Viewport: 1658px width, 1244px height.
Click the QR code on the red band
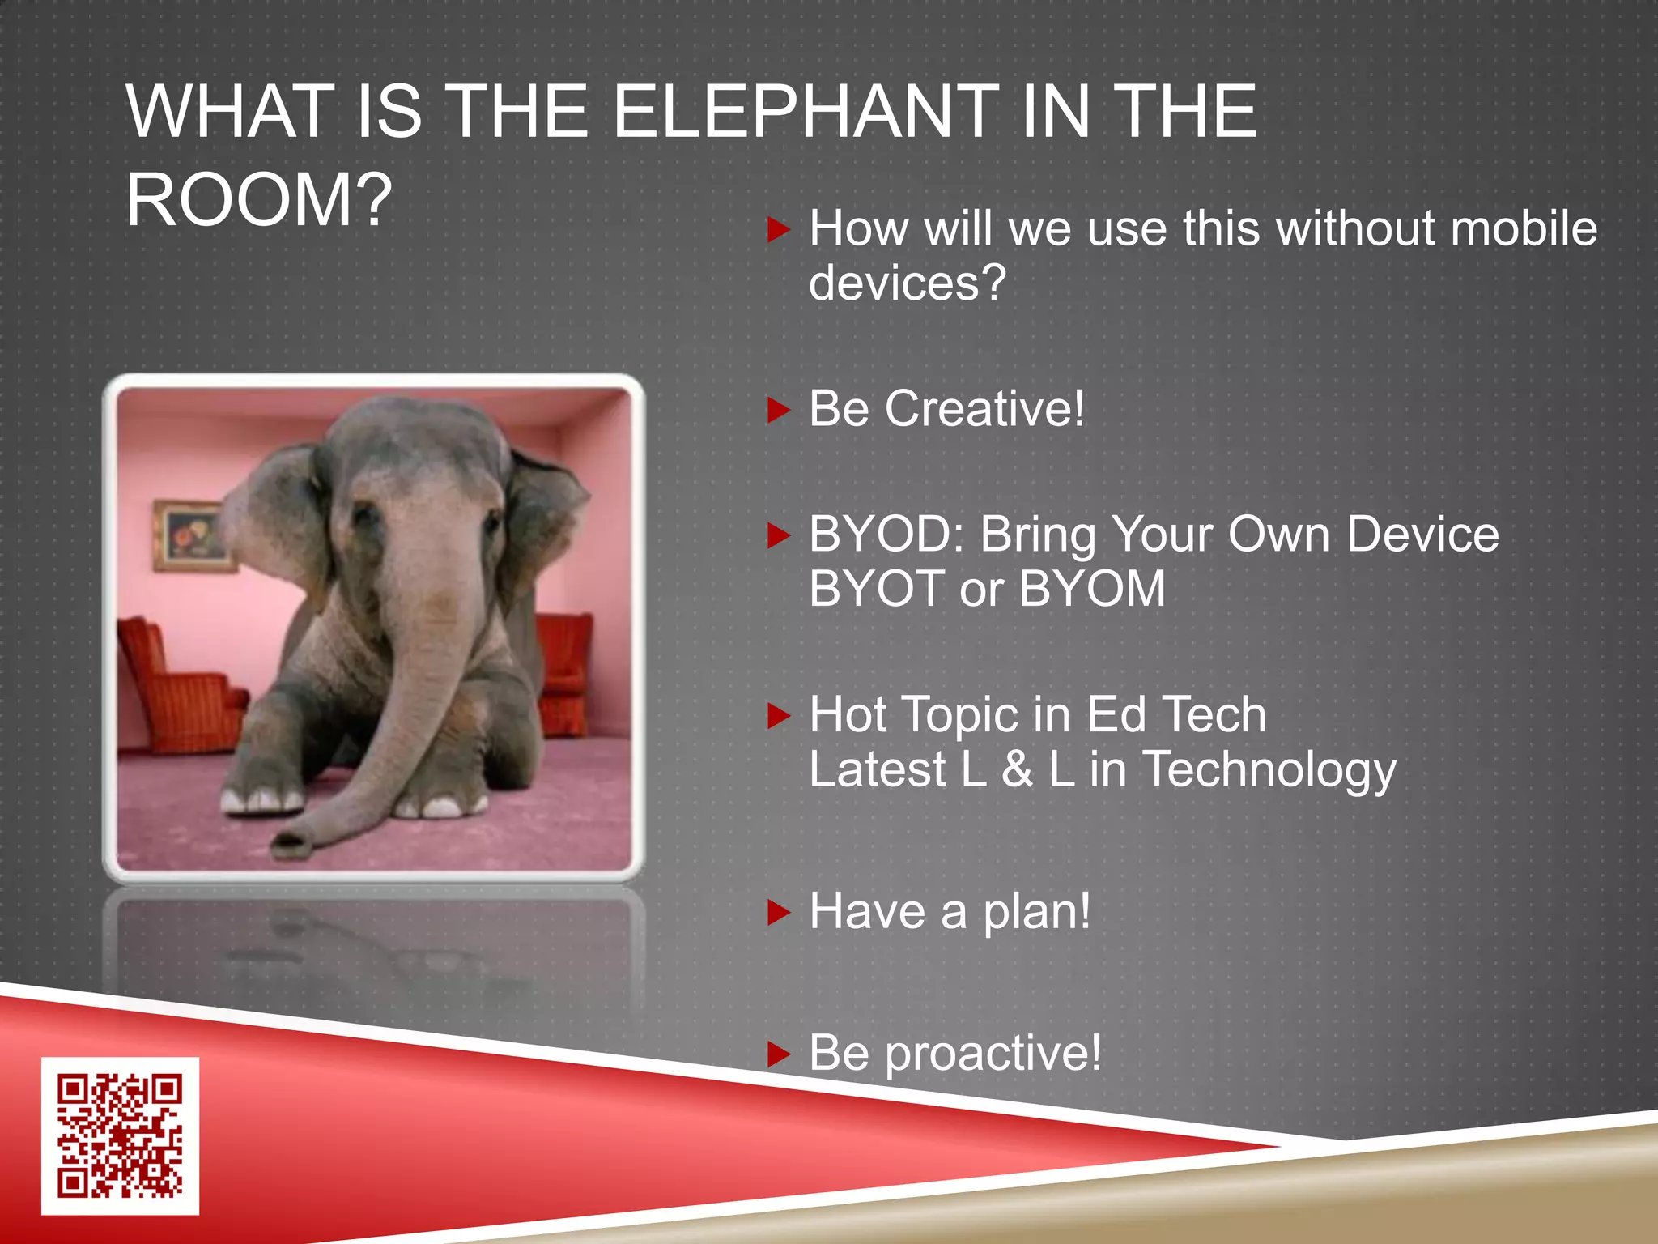click(120, 1135)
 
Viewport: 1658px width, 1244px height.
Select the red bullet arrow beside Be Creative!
click(778, 411)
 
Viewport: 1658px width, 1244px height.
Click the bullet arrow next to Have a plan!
click(778, 913)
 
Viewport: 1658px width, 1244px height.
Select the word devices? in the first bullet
click(907, 283)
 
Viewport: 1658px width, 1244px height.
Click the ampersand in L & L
click(1017, 769)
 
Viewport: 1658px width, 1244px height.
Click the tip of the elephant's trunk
click(291, 842)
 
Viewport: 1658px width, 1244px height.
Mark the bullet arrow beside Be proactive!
click(778, 1054)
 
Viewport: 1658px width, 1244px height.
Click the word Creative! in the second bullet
click(984, 409)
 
